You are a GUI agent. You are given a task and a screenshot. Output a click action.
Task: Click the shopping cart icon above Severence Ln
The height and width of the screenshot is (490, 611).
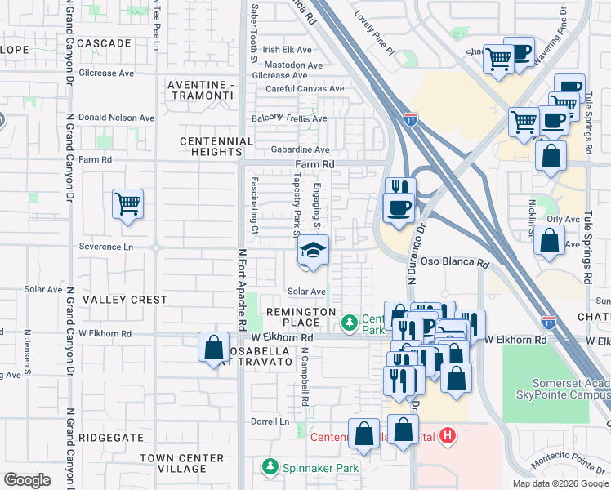127,203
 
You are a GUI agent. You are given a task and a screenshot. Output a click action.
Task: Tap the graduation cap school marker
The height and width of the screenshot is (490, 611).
312,252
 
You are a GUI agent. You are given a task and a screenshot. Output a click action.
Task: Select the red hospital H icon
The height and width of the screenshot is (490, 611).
447,436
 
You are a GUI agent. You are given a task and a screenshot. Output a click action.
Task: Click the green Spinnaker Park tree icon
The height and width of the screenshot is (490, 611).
270,467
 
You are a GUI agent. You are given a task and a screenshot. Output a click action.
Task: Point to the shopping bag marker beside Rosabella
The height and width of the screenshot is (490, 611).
213,347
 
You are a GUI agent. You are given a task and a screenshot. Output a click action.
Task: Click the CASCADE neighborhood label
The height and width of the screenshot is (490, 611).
105,42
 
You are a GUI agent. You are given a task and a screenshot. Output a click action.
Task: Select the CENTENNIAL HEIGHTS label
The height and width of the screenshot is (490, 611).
216,146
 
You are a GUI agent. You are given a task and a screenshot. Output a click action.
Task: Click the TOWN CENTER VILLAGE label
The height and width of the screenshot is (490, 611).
182,463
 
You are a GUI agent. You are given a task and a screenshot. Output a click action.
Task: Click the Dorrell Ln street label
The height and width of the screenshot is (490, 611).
270,422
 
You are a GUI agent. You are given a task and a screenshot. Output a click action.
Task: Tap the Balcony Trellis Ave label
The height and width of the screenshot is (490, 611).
289,118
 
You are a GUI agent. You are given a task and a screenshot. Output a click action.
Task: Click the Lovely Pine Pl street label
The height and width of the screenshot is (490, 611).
374,38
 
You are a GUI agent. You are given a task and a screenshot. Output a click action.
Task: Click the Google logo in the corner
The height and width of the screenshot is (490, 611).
27,480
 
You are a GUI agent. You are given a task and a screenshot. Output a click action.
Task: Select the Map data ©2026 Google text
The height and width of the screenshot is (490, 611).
560,483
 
